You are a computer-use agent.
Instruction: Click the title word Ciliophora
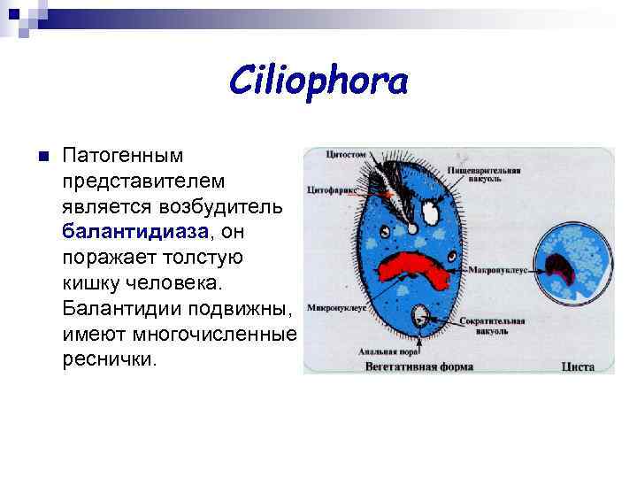click(x=318, y=82)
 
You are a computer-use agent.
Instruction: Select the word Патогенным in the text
click(x=123, y=156)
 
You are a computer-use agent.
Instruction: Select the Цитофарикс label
click(x=332, y=189)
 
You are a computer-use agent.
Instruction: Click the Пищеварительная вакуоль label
click(x=482, y=173)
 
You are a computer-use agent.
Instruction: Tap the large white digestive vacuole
click(x=432, y=212)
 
